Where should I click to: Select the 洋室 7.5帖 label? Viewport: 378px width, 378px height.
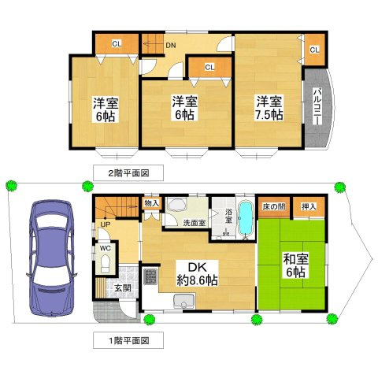pyautogui.click(x=267, y=107)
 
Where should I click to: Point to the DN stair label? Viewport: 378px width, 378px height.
pyautogui.click(x=170, y=45)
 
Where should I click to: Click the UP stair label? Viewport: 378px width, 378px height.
pyautogui.click(x=105, y=225)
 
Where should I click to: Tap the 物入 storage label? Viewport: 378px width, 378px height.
pyautogui.click(x=152, y=203)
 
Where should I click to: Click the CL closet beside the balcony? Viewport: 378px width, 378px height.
pyautogui.click(x=314, y=50)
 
